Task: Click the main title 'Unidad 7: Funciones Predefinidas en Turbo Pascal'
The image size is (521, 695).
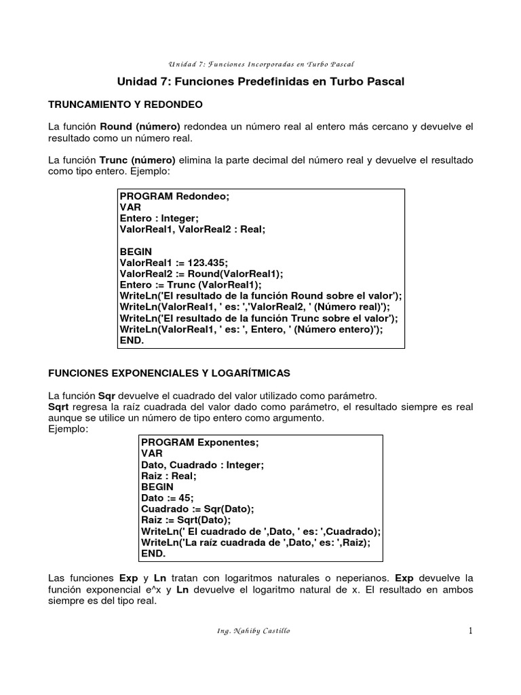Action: pyautogui.click(x=260, y=82)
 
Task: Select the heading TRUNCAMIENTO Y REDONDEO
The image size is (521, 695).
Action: pyautogui.click(x=126, y=105)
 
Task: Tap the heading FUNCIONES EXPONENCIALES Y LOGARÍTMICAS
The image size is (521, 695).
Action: pyautogui.click(x=169, y=373)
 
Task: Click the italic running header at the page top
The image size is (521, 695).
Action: pyautogui.click(x=261, y=64)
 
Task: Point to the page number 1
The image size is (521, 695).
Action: pyautogui.click(x=469, y=631)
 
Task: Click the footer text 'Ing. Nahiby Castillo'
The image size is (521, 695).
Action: pyautogui.click(x=252, y=631)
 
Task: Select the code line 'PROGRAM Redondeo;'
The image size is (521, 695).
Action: pyautogui.click(x=175, y=197)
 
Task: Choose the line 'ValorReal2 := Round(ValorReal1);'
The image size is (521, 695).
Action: pyautogui.click(x=191, y=274)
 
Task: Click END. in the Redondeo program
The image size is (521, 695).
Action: pyautogui.click(x=132, y=340)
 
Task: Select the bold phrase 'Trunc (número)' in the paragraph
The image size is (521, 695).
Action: pyautogui.click(x=138, y=160)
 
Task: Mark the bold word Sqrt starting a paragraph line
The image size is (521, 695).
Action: pyautogui.click(x=59, y=406)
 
